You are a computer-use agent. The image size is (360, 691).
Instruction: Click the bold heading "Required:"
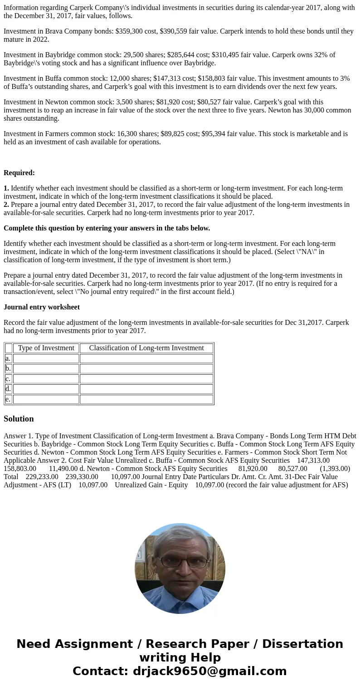(x=19, y=173)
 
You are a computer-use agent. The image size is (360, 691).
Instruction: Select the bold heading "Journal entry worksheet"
(x=42, y=307)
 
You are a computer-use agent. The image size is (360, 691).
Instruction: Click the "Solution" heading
(x=19, y=419)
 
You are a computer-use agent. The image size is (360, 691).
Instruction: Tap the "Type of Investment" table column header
(x=46, y=348)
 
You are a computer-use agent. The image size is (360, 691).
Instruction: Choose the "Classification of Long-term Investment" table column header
(x=146, y=348)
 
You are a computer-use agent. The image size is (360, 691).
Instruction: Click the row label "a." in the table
(x=8, y=358)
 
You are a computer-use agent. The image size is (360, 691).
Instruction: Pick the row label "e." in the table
(x=8, y=399)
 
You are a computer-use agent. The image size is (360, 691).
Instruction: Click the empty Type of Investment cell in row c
(x=46, y=379)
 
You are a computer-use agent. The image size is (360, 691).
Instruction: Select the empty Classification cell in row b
(x=146, y=368)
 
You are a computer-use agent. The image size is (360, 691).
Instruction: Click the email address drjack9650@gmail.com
(x=209, y=671)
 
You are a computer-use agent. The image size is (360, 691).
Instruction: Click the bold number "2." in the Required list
(x=6, y=205)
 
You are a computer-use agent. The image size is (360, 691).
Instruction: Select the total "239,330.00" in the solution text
(x=82, y=477)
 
